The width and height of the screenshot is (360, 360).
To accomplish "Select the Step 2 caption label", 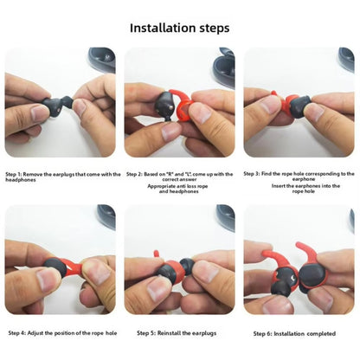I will [x=135, y=174].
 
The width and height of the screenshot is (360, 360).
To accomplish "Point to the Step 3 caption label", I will [x=254, y=174].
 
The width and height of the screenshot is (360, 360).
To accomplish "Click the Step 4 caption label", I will [x=19, y=332].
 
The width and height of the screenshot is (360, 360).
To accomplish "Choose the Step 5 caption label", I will [x=148, y=332].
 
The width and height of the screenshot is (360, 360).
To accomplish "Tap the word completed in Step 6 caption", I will [x=318, y=332].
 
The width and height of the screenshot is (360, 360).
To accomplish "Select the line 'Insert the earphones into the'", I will [x=299, y=185].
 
